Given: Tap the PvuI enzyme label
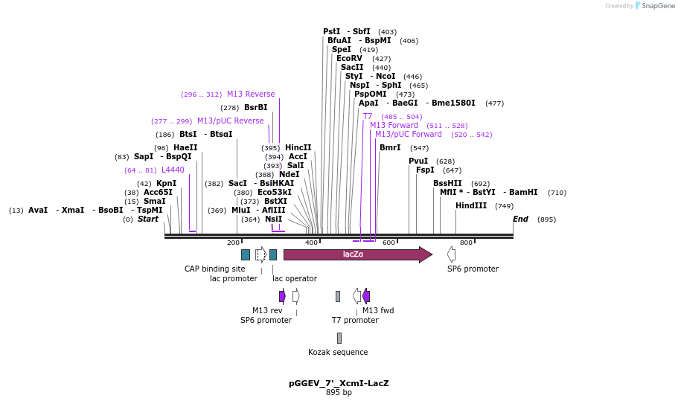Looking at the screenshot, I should pyautogui.click(x=418, y=161).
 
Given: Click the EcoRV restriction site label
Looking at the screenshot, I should pyautogui.click(x=349, y=58).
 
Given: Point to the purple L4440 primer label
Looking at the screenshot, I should pyautogui.click(x=173, y=170).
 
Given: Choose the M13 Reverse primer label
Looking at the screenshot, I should pyautogui.click(x=251, y=94).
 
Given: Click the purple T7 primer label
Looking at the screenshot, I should pyautogui.click(x=368, y=117).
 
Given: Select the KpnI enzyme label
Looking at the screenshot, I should pyautogui.click(x=166, y=183).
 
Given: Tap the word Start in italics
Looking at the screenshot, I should pyautogui.click(x=148, y=219).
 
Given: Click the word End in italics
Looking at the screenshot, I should pyautogui.click(x=520, y=219).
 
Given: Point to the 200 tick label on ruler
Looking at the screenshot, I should pyautogui.click(x=233, y=243).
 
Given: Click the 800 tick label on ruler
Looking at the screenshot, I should pyautogui.click(x=466, y=243).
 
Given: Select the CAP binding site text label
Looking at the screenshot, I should pyautogui.click(x=214, y=269).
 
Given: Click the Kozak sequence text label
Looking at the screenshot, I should pyautogui.click(x=338, y=352).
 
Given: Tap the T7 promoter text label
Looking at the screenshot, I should pyautogui.click(x=355, y=320).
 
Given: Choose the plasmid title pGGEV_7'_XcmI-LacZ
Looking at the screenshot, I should pyautogui.click(x=339, y=383).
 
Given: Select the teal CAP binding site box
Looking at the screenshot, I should pyautogui.click(x=246, y=254).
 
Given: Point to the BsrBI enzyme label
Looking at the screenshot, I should pyautogui.click(x=255, y=108).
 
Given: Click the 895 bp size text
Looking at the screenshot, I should pyautogui.click(x=339, y=393).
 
